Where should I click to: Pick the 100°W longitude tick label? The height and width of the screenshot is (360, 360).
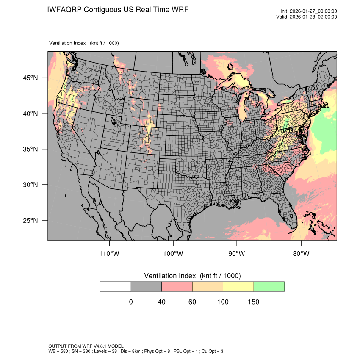173,254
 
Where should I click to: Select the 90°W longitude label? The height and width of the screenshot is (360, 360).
237,254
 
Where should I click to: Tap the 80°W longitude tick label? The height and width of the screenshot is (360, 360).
301,254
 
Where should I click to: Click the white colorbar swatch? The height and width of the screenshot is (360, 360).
116,286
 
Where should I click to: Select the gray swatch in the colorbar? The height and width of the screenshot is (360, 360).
146,286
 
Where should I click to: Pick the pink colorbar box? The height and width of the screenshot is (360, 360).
177,286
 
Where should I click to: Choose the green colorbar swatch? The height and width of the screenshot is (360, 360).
269,286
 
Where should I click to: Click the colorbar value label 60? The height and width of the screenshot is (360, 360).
192,302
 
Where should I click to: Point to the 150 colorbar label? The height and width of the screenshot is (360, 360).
253,302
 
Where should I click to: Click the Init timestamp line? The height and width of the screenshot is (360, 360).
309,11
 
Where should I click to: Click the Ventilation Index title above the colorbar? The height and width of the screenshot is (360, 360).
192,276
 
